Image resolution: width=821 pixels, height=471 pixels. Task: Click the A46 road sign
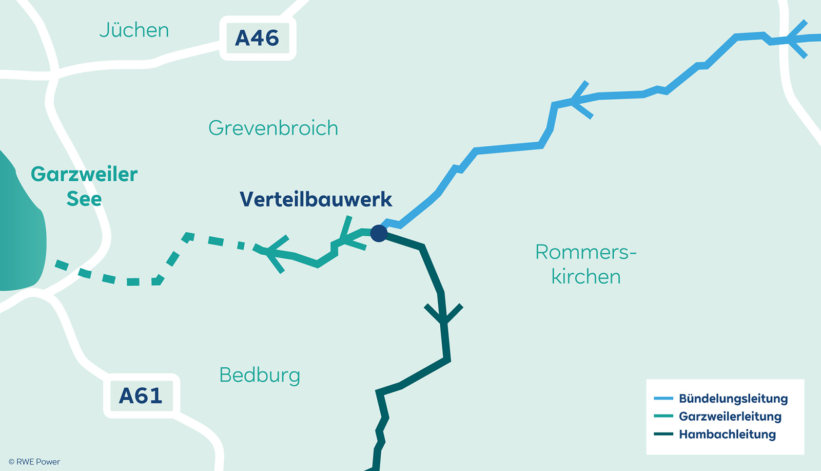pyautogui.click(x=257, y=39)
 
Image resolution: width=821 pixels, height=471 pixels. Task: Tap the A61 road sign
pyautogui.click(x=141, y=395)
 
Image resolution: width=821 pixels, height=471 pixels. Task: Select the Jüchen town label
pyautogui.click(x=134, y=30)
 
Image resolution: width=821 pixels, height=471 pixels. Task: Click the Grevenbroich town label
pyautogui.click(x=273, y=128)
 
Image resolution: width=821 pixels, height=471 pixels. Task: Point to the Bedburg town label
pyautogui.click(x=260, y=375)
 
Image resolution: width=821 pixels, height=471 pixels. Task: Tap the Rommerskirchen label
pyautogui.click(x=585, y=264)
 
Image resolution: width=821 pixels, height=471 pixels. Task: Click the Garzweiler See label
pyautogui.click(x=84, y=186)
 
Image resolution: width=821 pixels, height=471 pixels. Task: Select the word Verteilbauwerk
pyautogui.click(x=316, y=199)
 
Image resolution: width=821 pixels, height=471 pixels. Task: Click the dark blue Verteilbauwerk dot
pyautogui.click(x=379, y=233)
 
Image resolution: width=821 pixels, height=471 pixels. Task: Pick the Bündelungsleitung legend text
pyautogui.click(x=733, y=399)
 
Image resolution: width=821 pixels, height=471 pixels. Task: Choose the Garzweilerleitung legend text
pyautogui.click(x=730, y=417)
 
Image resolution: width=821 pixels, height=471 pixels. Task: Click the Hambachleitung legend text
pyautogui.click(x=727, y=435)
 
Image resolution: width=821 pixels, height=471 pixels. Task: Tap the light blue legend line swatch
pyautogui.click(x=663, y=399)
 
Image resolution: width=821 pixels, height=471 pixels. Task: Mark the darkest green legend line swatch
pyautogui.click(x=663, y=435)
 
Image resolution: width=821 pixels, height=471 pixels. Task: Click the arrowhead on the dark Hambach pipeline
pyautogui.click(x=444, y=316)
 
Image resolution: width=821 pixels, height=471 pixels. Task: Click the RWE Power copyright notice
pyautogui.click(x=34, y=462)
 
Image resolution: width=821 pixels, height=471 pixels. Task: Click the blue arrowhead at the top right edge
pyautogui.click(x=795, y=39)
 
